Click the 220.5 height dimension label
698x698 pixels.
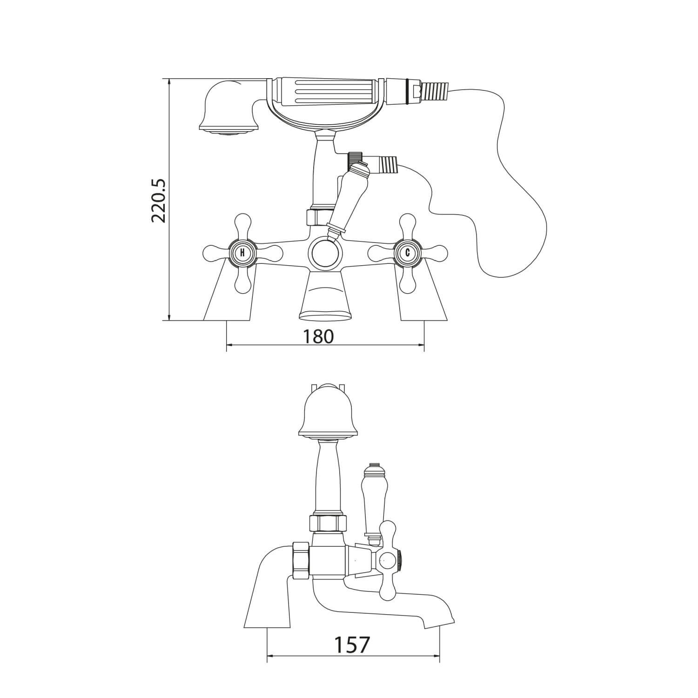(159, 200)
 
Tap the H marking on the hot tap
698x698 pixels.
(242, 253)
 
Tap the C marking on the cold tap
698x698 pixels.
(408, 253)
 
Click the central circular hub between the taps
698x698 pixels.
(325, 254)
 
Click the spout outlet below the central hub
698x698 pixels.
(325, 302)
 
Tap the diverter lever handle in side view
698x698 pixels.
(372, 498)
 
